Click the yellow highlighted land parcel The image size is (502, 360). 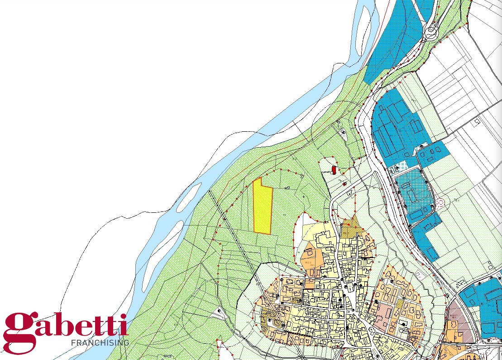[262, 206]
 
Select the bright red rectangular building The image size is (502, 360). [334, 170]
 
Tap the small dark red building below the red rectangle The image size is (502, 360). [344, 184]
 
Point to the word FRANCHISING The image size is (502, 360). [100, 343]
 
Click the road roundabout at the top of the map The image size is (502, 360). [431, 31]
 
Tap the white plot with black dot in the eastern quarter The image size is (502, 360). [403, 324]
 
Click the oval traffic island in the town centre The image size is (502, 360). [349, 288]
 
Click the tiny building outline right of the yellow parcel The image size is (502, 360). [287, 187]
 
